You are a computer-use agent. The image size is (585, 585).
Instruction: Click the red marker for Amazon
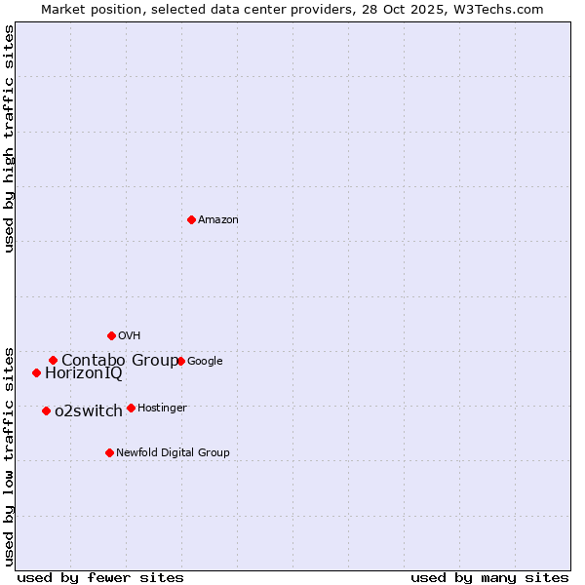(191, 219)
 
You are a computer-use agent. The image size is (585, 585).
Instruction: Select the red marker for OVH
(111, 335)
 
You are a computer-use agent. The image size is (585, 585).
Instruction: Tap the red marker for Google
(180, 361)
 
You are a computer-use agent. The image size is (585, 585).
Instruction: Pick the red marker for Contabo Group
(53, 360)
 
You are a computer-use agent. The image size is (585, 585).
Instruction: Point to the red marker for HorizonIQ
(36, 372)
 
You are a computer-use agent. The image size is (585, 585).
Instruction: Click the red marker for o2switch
(46, 410)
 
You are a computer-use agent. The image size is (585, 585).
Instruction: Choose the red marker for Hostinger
(131, 408)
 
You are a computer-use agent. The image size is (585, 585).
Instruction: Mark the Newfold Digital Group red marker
(109, 452)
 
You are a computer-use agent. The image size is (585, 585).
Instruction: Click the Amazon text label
(218, 220)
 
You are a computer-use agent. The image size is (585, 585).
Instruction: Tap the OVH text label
(129, 336)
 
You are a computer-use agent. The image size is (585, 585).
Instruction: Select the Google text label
(205, 362)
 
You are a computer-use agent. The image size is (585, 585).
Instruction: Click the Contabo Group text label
(120, 361)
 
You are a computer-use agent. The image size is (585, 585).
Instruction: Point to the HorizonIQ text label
(84, 373)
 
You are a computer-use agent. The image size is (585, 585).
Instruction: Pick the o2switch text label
(89, 411)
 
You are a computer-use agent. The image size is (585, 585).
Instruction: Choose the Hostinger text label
(162, 409)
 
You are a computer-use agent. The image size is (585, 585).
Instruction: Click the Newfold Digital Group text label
(173, 453)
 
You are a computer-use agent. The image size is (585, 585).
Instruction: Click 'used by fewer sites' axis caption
(100, 577)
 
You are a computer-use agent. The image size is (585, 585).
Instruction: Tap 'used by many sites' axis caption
(489, 577)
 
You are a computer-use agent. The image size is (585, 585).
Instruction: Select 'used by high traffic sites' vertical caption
(10, 138)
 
